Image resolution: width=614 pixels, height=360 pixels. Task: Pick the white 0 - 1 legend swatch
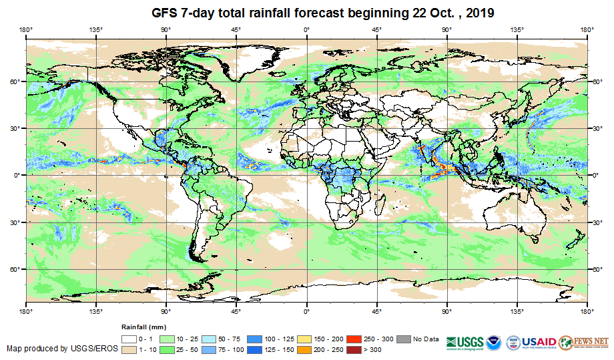pos(129,339)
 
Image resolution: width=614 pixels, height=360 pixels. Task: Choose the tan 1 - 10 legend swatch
pos(129,349)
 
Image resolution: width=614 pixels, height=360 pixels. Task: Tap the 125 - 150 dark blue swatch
pos(256,349)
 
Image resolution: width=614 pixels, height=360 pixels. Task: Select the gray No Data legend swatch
pos(404,339)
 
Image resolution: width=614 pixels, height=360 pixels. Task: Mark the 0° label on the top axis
pos(306,29)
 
